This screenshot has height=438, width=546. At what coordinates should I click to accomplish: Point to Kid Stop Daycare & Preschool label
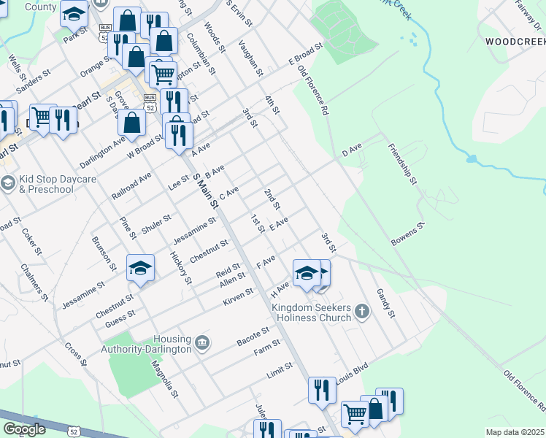click(47, 184)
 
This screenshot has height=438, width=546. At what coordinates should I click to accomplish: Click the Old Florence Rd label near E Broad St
click(315, 91)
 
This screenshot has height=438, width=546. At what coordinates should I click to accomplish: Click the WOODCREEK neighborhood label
click(515, 42)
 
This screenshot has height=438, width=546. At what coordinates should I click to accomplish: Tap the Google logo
click(24, 429)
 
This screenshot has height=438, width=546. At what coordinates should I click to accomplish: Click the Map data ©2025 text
click(515, 432)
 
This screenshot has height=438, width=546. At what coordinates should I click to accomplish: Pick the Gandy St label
click(385, 303)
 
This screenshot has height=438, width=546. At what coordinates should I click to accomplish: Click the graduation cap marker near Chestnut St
click(141, 268)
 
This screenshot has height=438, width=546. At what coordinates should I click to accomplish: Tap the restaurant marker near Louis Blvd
click(322, 390)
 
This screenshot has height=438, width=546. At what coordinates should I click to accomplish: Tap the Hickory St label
click(180, 267)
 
